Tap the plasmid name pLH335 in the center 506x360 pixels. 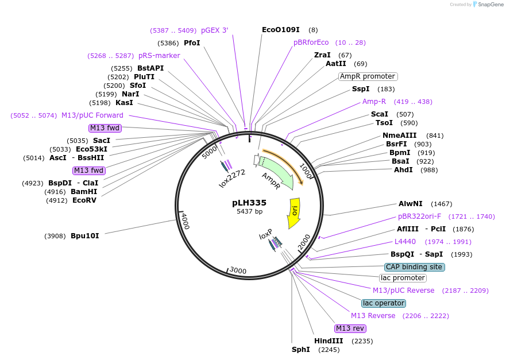click(x=249, y=203)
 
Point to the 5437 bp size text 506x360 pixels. click(x=249, y=212)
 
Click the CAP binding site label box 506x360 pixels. click(x=414, y=267)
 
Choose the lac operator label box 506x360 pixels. click(x=383, y=303)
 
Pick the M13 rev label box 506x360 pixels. click(x=350, y=328)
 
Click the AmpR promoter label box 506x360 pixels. click(x=368, y=76)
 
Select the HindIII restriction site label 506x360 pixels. click(x=329, y=341)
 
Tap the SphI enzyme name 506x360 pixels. click(x=301, y=350)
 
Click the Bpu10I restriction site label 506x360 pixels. click(x=85, y=236)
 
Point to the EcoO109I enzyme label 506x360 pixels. click(x=281, y=30)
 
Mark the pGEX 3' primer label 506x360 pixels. click(x=215, y=30)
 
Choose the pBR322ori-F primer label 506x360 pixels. click(x=419, y=216)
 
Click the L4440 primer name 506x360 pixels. click(x=405, y=242)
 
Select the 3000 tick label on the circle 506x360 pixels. click(x=238, y=270)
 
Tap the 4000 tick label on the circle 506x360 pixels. click(x=186, y=220)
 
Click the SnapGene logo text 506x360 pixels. click(x=490, y=5)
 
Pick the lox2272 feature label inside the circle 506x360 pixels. click(x=232, y=179)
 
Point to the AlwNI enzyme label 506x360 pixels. click(x=411, y=204)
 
